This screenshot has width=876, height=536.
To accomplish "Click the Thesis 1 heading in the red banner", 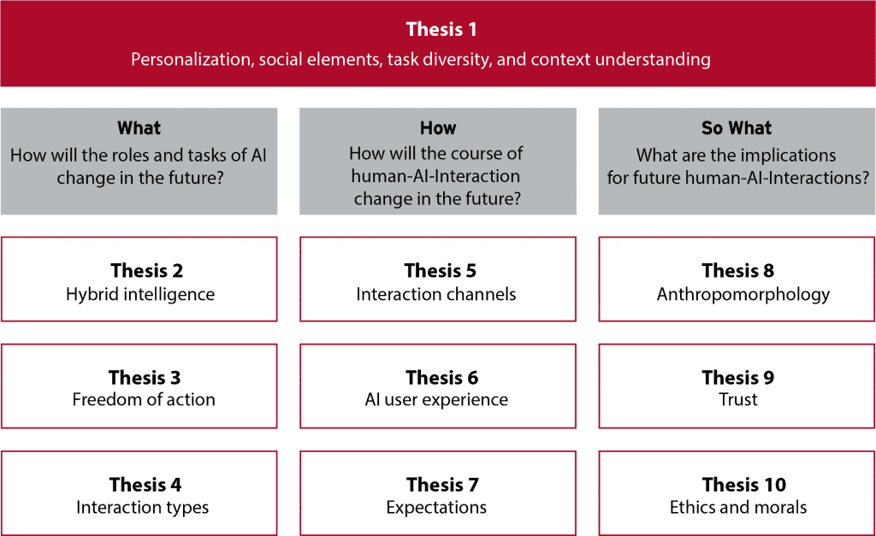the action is pyautogui.click(x=441, y=29).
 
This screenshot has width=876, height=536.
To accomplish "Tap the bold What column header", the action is pyautogui.click(x=139, y=128).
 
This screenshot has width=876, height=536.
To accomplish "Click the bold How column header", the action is pyautogui.click(x=438, y=128).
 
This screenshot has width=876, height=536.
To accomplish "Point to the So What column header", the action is pyautogui.click(x=737, y=128).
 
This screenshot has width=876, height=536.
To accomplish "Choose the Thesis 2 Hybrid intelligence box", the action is pyautogui.click(x=139, y=280).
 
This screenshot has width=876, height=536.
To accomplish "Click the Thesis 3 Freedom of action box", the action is pyautogui.click(x=139, y=386).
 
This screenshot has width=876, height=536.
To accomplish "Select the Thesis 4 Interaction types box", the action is pyautogui.click(x=139, y=493).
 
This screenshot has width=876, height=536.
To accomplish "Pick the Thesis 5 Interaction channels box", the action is pyautogui.click(x=438, y=280).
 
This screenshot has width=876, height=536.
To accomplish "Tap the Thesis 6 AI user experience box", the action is pyautogui.click(x=438, y=386).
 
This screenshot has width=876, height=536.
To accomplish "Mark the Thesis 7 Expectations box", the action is pyautogui.click(x=438, y=493).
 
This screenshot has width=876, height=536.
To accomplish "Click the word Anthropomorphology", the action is pyautogui.click(x=743, y=295).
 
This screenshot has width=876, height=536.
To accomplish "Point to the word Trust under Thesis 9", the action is pyautogui.click(x=738, y=400).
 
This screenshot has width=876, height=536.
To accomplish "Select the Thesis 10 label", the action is pyautogui.click(x=744, y=485).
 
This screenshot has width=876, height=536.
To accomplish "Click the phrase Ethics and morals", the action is pyautogui.click(x=738, y=507).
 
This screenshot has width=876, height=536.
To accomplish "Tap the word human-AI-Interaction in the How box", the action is pyautogui.click(x=435, y=176).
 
